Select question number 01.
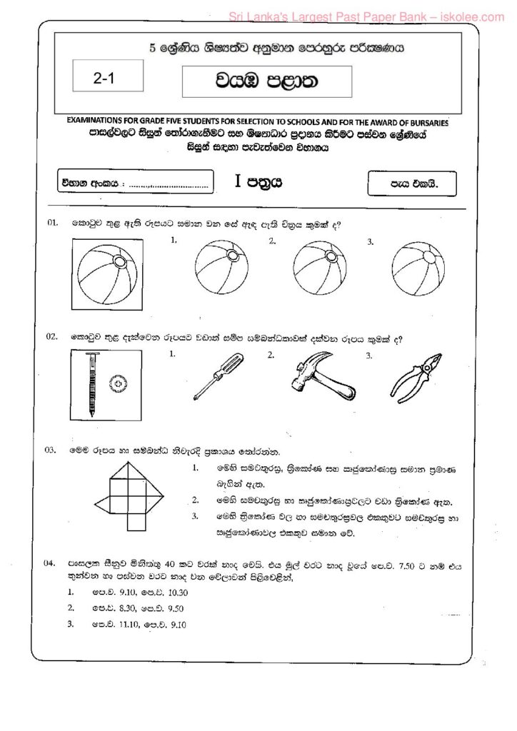click(x=53, y=223)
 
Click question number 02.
click(x=53, y=336)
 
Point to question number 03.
click(x=53, y=450)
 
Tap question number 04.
click(x=53, y=564)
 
